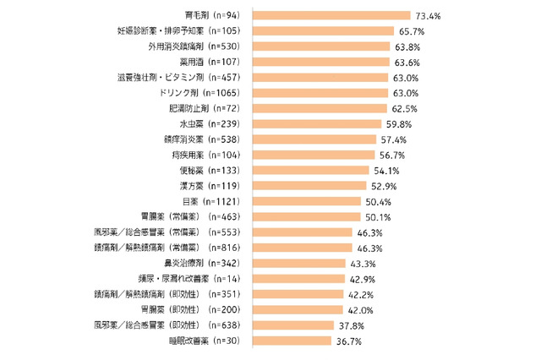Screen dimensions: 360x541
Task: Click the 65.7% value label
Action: (x=414, y=31)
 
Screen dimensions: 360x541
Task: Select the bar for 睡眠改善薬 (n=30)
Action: (x=292, y=341)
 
